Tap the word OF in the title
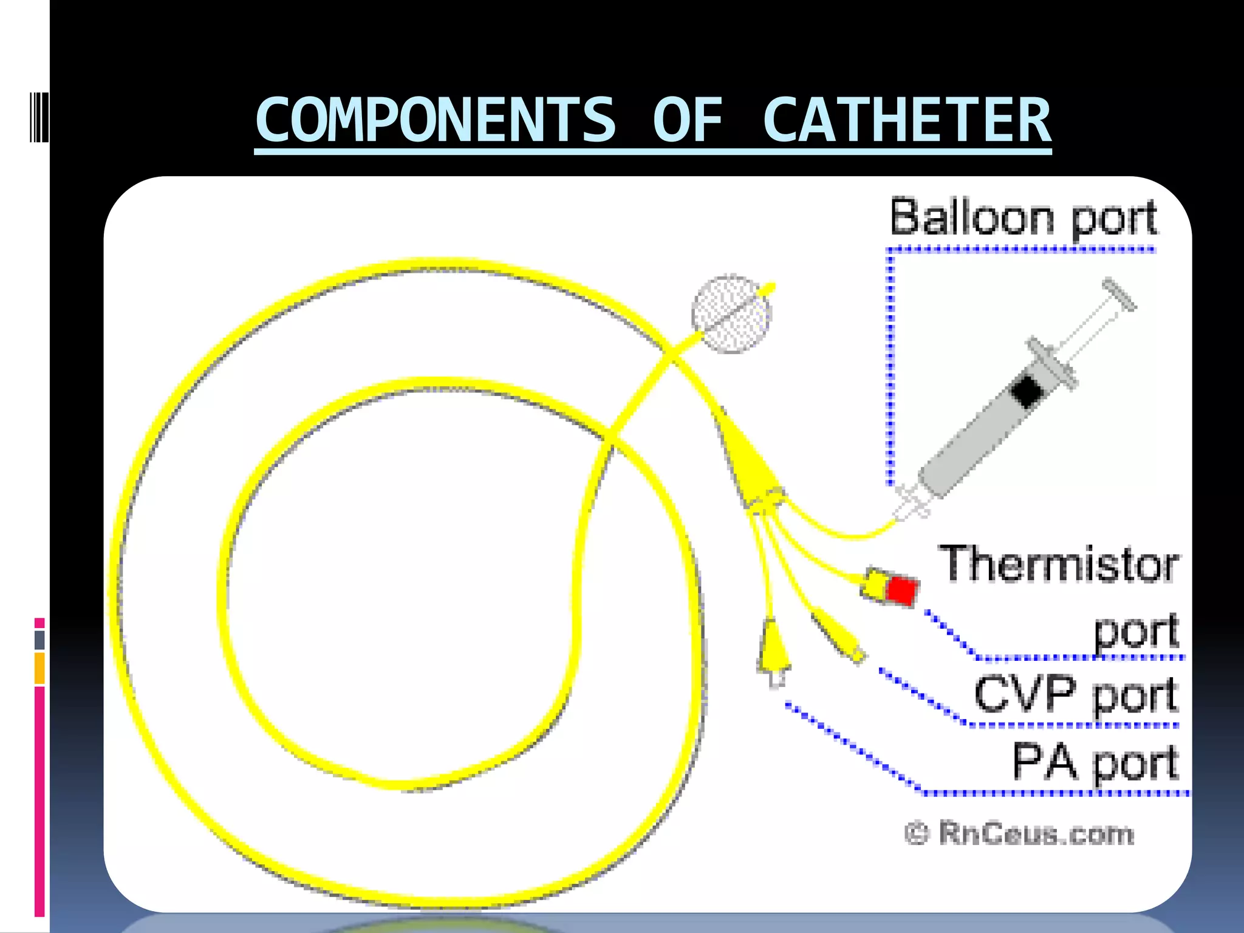688,120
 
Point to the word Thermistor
1058,565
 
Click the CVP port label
1075,695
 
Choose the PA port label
1095,763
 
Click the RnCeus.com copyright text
1019,833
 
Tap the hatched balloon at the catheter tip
731,314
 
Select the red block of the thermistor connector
901,589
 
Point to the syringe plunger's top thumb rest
1119,294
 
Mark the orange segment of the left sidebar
39,668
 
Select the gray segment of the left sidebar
39,640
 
